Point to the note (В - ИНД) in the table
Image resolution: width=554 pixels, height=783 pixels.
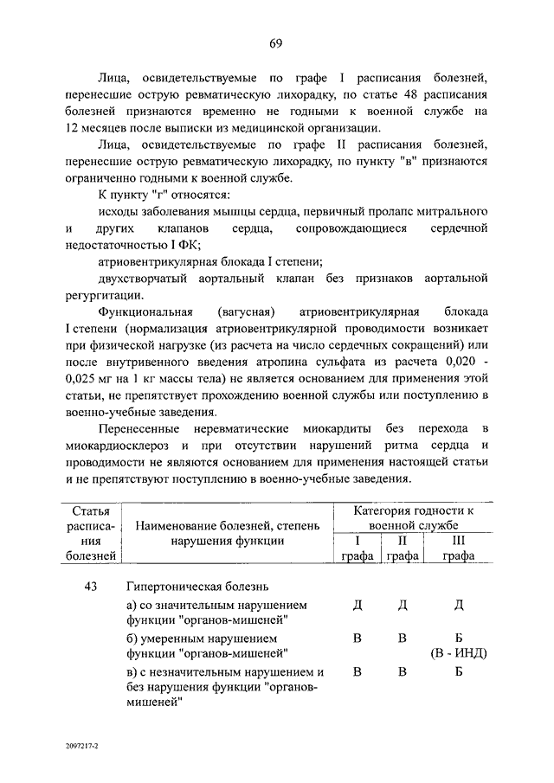(x=457, y=652)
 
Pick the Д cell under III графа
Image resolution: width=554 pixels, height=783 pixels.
(x=458, y=604)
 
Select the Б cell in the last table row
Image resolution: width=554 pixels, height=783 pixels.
(x=458, y=671)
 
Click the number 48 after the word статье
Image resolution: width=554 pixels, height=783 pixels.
(x=380, y=94)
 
